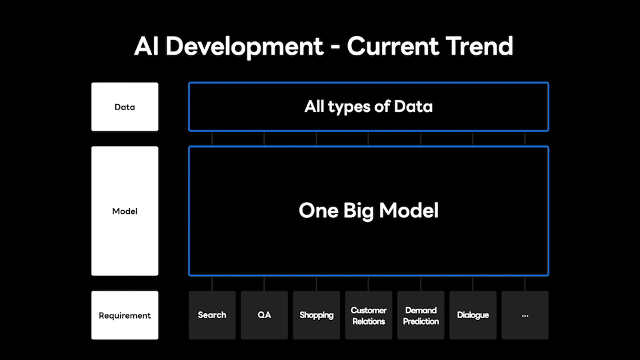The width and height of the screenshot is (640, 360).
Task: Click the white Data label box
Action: (x=125, y=107)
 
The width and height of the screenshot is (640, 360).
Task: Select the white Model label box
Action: (x=125, y=211)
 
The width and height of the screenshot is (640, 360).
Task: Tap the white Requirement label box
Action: (x=125, y=315)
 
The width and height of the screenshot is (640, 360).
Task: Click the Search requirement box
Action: (x=212, y=315)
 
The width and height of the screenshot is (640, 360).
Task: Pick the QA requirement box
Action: (x=264, y=315)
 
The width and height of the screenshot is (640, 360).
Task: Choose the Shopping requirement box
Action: (x=316, y=315)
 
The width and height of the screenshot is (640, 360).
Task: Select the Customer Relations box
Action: (x=369, y=315)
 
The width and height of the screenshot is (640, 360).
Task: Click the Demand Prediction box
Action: (x=421, y=315)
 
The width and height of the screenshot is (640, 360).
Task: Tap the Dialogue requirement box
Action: (x=473, y=315)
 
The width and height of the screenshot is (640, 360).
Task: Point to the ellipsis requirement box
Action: (x=525, y=315)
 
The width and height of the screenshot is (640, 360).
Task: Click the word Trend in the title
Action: (x=479, y=46)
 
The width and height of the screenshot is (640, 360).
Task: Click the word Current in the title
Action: (x=393, y=46)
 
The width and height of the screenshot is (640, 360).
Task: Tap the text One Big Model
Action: (x=369, y=211)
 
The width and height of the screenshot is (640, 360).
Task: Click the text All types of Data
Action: (x=369, y=107)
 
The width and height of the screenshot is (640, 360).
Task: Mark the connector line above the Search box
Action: (x=212, y=284)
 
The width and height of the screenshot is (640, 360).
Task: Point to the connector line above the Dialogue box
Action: (x=473, y=284)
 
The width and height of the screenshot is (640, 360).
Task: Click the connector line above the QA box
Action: (x=264, y=284)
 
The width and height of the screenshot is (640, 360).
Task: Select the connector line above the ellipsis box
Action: (x=525, y=284)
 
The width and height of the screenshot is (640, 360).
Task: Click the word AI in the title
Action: (x=146, y=46)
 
